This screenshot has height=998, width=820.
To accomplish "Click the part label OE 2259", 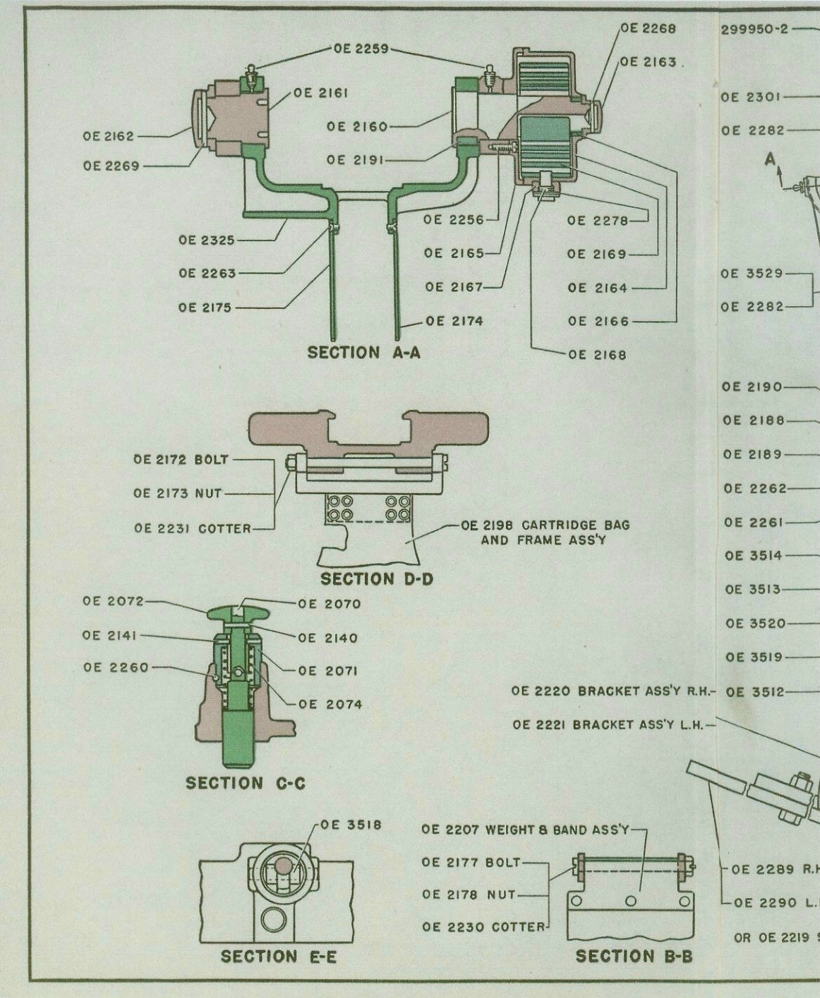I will [x=361, y=49].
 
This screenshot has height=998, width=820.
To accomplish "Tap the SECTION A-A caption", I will [x=363, y=353].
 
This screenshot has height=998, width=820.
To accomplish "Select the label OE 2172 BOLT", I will [x=181, y=460].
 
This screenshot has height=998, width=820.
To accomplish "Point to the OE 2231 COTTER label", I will [x=192, y=528].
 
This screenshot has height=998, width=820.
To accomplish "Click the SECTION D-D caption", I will [x=376, y=579].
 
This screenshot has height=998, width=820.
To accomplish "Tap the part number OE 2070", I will [x=329, y=604].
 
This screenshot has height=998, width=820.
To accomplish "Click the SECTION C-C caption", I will [x=246, y=783].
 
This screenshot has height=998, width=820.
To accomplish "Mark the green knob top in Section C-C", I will [x=239, y=611].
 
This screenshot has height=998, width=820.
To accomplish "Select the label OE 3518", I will [x=351, y=824].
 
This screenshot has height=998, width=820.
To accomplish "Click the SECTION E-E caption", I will [x=278, y=956].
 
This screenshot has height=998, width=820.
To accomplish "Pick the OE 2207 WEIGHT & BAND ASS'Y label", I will [x=524, y=829].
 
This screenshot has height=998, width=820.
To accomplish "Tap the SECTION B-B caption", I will [x=634, y=956].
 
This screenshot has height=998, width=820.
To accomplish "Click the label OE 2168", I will [x=597, y=355].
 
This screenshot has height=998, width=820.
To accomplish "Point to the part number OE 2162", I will [x=108, y=136].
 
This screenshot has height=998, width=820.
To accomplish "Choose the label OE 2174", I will [x=453, y=321].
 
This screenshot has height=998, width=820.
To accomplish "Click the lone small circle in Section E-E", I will [x=273, y=920].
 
